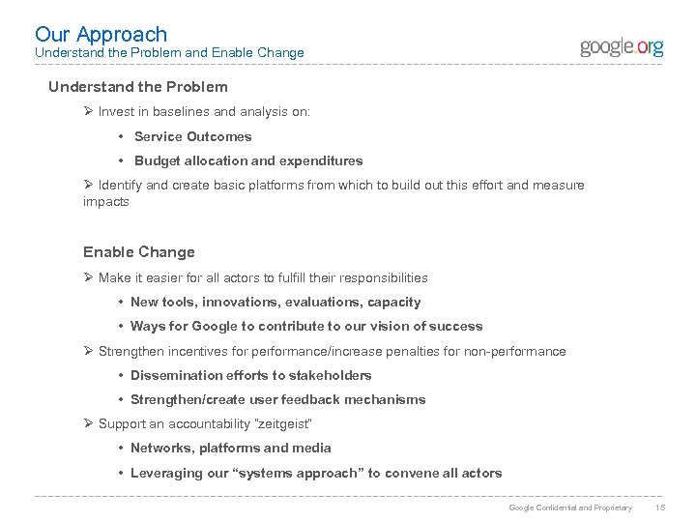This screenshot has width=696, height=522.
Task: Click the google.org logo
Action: (x=622, y=47)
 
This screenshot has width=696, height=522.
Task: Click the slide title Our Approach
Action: (x=101, y=35)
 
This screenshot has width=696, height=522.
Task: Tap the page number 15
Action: (x=661, y=507)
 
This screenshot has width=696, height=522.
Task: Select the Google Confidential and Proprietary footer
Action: (x=570, y=507)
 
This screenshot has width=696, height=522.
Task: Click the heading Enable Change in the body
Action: (x=139, y=252)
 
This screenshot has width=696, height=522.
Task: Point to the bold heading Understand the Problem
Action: (x=138, y=87)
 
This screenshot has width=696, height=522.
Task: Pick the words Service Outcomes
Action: (x=192, y=136)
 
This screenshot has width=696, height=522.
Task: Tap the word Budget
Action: (x=157, y=160)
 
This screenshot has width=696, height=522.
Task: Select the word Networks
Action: (x=159, y=448)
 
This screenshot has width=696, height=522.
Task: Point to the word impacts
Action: (x=105, y=203)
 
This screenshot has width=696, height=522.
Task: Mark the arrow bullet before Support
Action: (x=88, y=424)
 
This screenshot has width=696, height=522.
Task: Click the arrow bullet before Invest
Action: (x=88, y=112)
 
